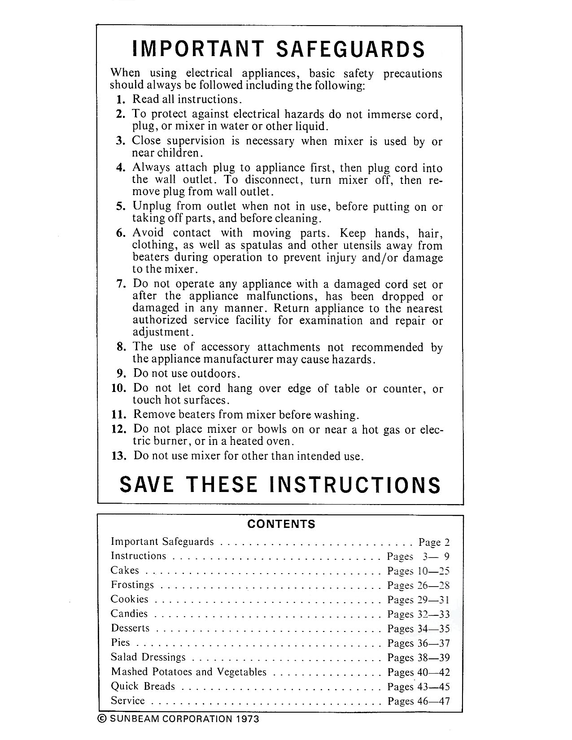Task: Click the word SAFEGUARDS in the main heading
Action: pyautogui.click(x=350, y=49)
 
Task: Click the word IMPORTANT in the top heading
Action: pyautogui.click(x=197, y=49)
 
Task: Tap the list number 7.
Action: pyautogui.click(x=120, y=284)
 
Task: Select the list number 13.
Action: pyautogui.click(x=119, y=456)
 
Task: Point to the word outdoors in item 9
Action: pyautogui.click(x=215, y=374)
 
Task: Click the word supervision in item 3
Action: pyautogui.click(x=195, y=141)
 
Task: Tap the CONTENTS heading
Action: pyautogui.click(x=281, y=524)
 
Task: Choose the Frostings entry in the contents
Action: pyautogui.click(x=132, y=585)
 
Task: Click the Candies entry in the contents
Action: pyautogui.click(x=129, y=614)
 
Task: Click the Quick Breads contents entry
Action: pyautogui.click(x=143, y=686)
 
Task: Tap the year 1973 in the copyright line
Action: pyautogui.click(x=246, y=719)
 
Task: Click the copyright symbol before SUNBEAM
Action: pyautogui.click(x=102, y=719)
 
